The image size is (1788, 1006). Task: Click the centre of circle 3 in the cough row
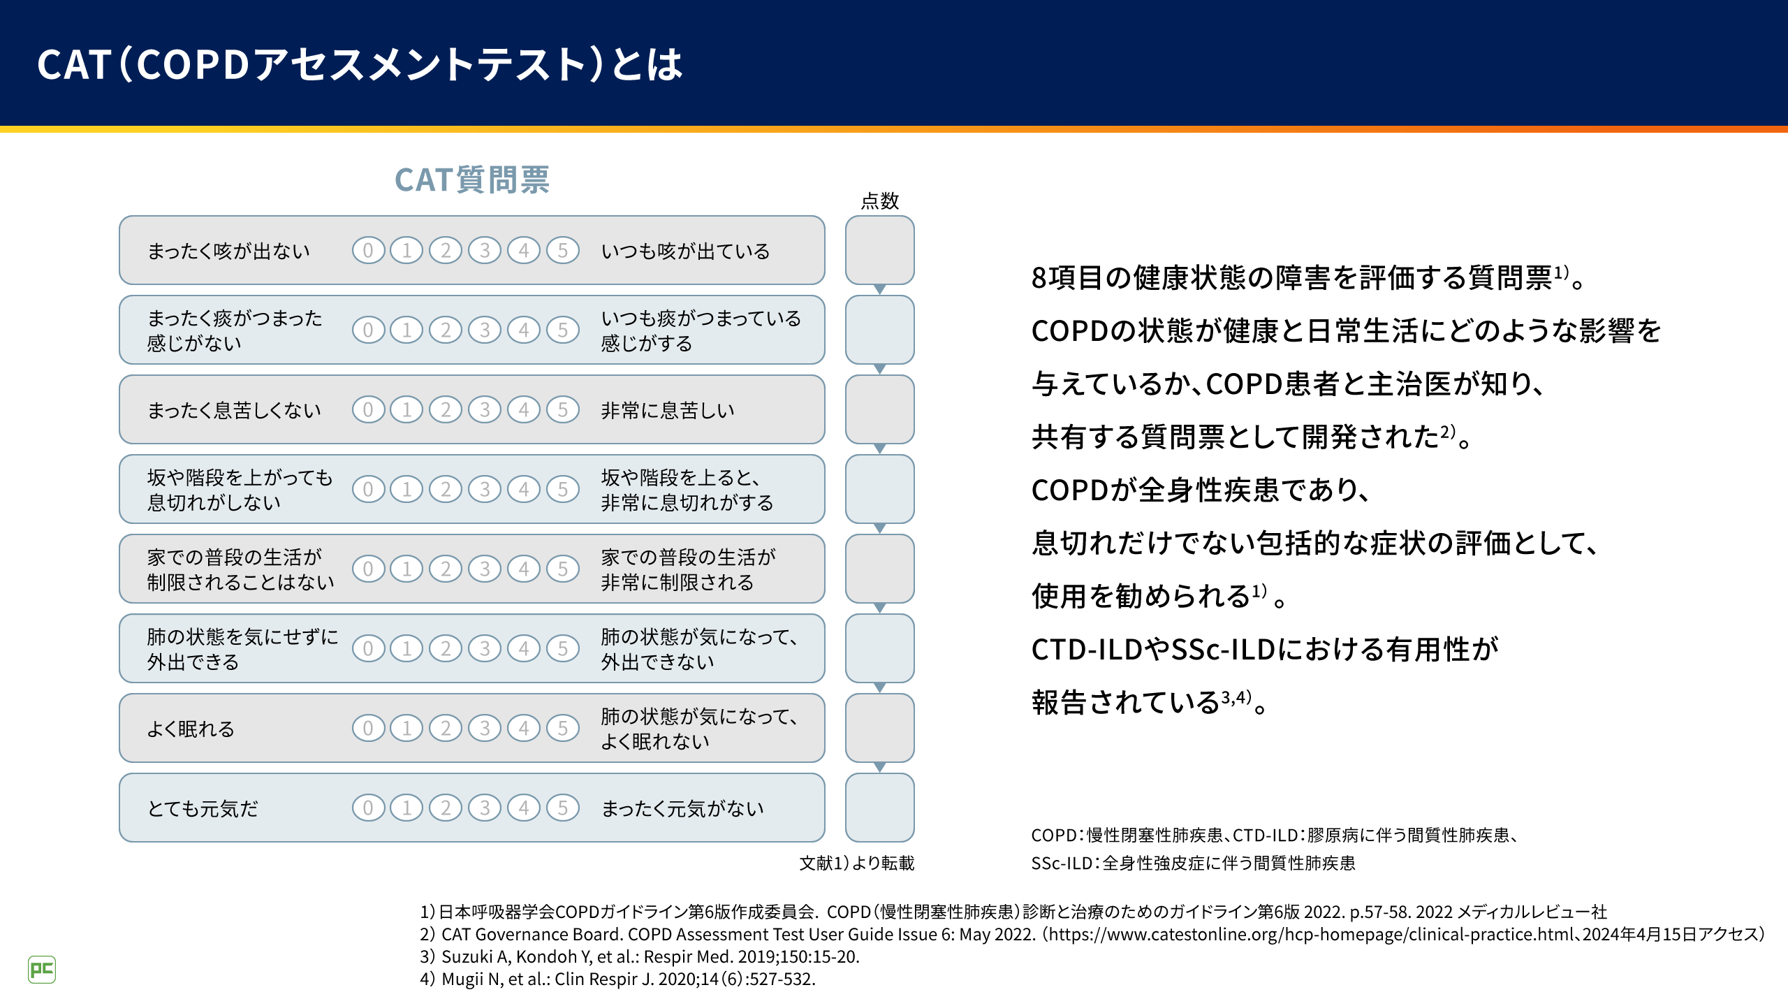(485, 250)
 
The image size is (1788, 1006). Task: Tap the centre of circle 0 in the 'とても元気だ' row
(368, 808)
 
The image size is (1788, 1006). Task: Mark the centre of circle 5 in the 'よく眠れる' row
(563, 728)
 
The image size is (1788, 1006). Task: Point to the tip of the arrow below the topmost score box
(880, 294)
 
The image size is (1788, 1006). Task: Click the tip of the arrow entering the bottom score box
(880, 772)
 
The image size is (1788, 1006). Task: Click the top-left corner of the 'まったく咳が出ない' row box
(120, 217)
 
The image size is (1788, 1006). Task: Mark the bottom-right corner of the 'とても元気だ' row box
(825, 841)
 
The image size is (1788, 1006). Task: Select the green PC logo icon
(42, 970)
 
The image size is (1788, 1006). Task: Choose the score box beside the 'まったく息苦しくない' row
(880, 409)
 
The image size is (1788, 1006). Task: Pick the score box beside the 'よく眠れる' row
(880, 728)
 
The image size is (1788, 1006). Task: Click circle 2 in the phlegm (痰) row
(446, 330)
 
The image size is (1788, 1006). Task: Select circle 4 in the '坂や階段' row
(524, 489)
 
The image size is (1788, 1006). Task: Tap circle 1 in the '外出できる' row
(406, 648)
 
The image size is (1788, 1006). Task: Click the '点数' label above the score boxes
(880, 201)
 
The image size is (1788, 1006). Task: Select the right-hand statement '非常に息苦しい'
(668, 410)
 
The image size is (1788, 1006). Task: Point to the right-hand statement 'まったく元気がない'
(682, 808)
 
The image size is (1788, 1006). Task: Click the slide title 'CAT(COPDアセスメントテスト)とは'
(360, 64)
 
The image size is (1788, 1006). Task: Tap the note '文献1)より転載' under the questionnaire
(857, 863)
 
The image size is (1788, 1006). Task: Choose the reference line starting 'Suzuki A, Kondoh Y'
(640, 956)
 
